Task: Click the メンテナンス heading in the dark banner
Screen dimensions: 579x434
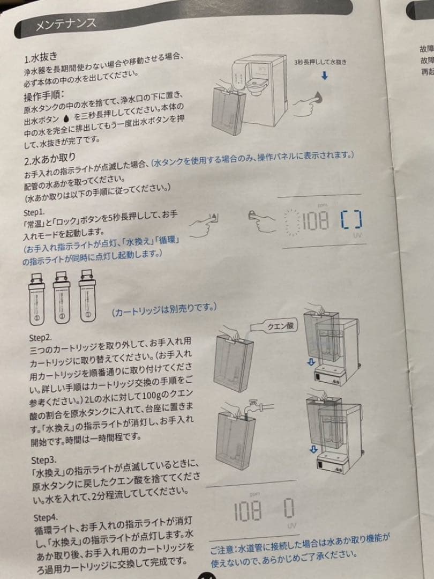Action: coord(65,24)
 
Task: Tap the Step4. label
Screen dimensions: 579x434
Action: coord(45,517)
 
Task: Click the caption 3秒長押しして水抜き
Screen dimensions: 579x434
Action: coord(320,62)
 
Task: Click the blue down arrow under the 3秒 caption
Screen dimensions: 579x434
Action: coord(324,76)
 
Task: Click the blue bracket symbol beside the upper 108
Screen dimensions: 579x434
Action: coord(351,219)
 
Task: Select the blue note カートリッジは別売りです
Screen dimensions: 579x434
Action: coord(163,309)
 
